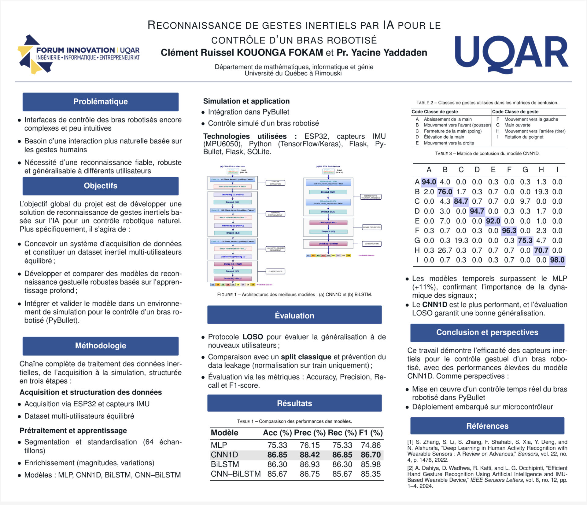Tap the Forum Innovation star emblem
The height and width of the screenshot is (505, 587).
point(30,54)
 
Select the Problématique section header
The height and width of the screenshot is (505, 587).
point(100,102)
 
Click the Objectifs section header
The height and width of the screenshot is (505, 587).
point(100,186)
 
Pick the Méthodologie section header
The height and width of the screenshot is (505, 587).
point(100,346)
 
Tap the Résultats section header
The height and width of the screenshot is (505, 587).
point(294,403)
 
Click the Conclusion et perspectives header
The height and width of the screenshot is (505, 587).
point(487,332)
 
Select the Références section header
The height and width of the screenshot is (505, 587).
point(487,426)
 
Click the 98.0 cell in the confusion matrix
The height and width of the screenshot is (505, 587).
point(557,260)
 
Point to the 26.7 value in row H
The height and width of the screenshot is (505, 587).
point(445,250)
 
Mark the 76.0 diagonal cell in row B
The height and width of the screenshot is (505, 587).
point(445,192)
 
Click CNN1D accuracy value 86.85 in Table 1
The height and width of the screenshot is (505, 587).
point(277,455)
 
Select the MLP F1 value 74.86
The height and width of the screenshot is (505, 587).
point(371,445)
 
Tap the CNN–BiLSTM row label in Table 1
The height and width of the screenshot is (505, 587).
point(235,474)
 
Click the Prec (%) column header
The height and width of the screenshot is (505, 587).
point(309,433)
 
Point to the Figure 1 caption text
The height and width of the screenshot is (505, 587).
point(294,295)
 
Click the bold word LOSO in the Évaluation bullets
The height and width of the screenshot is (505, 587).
point(253,337)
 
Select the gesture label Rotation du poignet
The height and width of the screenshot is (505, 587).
point(524,137)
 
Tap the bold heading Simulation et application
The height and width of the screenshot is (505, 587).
point(246,101)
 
